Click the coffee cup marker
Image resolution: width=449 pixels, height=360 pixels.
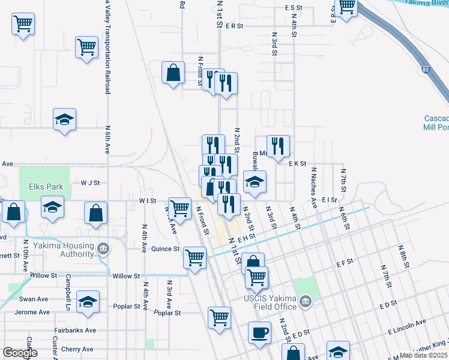(259, 332)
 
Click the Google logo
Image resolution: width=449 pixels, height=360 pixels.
(20, 353)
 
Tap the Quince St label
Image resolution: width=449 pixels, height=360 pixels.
(165, 248)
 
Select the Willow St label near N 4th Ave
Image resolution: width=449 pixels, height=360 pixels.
(127, 276)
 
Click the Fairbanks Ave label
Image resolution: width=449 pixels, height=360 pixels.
(74, 330)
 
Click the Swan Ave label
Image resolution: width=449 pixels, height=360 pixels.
(33, 299)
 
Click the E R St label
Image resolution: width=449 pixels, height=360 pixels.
(234, 26)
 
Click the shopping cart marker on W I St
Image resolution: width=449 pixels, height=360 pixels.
(179, 208)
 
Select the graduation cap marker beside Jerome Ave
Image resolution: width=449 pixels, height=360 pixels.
(88, 302)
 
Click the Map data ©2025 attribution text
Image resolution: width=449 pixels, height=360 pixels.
(424, 355)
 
